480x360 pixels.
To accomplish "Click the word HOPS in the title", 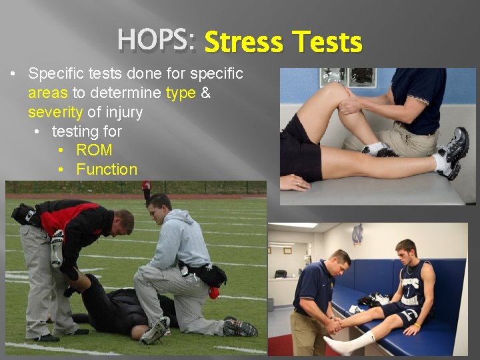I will (154, 41).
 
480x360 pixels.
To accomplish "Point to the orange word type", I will (181, 93).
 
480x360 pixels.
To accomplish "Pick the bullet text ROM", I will (94, 150).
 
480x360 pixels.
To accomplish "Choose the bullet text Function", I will (107, 169).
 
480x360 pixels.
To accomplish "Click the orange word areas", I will (48, 93).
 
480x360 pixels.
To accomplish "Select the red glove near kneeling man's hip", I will (214, 292).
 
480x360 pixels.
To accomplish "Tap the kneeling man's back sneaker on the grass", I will (240, 327).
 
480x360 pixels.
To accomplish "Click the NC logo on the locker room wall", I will (357, 234).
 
